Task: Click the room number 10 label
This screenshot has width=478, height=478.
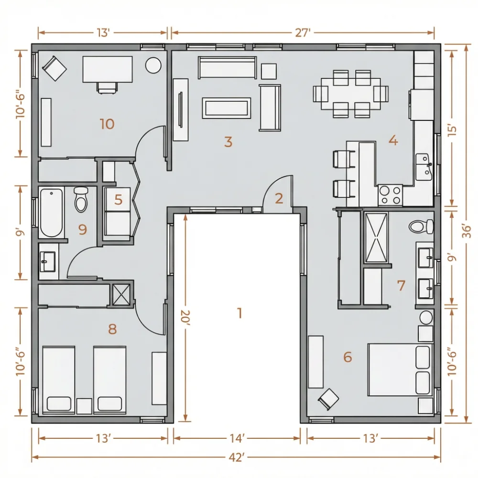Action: (107, 124)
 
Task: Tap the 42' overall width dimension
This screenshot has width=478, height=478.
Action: (237, 457)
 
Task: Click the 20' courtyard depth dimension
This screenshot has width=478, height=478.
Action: (185, 318)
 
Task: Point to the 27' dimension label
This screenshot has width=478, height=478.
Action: (303, 33)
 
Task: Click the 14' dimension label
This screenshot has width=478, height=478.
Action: (237, 438)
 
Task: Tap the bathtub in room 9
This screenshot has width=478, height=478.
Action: (52, 213)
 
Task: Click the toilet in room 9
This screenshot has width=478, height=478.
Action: (81, 199)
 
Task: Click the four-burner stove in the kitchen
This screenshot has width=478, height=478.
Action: (391, 195)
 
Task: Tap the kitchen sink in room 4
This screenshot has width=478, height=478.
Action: (424, 167)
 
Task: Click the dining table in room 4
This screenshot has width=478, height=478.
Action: (350, 94)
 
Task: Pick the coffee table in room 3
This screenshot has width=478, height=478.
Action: (227, 108)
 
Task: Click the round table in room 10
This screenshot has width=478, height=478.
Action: (153, 65)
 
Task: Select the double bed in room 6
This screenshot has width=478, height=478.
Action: (400, 370)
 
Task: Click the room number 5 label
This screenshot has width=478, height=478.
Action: (118, 200)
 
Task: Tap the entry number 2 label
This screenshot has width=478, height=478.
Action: (279, 198)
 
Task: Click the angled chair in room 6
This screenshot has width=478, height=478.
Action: (328, 399)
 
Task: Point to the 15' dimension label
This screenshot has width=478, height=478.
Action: (453, 130)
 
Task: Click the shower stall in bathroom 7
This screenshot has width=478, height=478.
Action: (377, 238)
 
